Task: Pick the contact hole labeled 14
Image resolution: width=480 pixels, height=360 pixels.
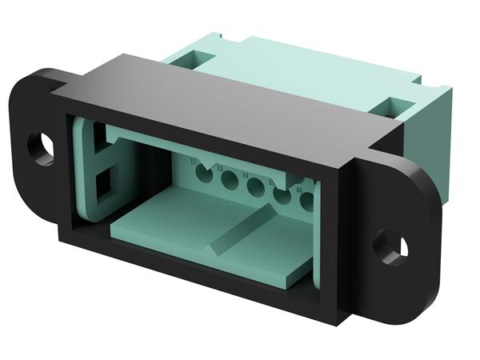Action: point(256,189)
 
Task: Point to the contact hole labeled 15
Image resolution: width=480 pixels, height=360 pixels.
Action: point(282,197)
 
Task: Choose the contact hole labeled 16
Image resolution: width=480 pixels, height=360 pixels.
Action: point(306,202)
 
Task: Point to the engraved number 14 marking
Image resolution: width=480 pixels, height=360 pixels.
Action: point(244,175)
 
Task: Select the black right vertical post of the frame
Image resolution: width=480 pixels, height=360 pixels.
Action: point(340,240)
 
